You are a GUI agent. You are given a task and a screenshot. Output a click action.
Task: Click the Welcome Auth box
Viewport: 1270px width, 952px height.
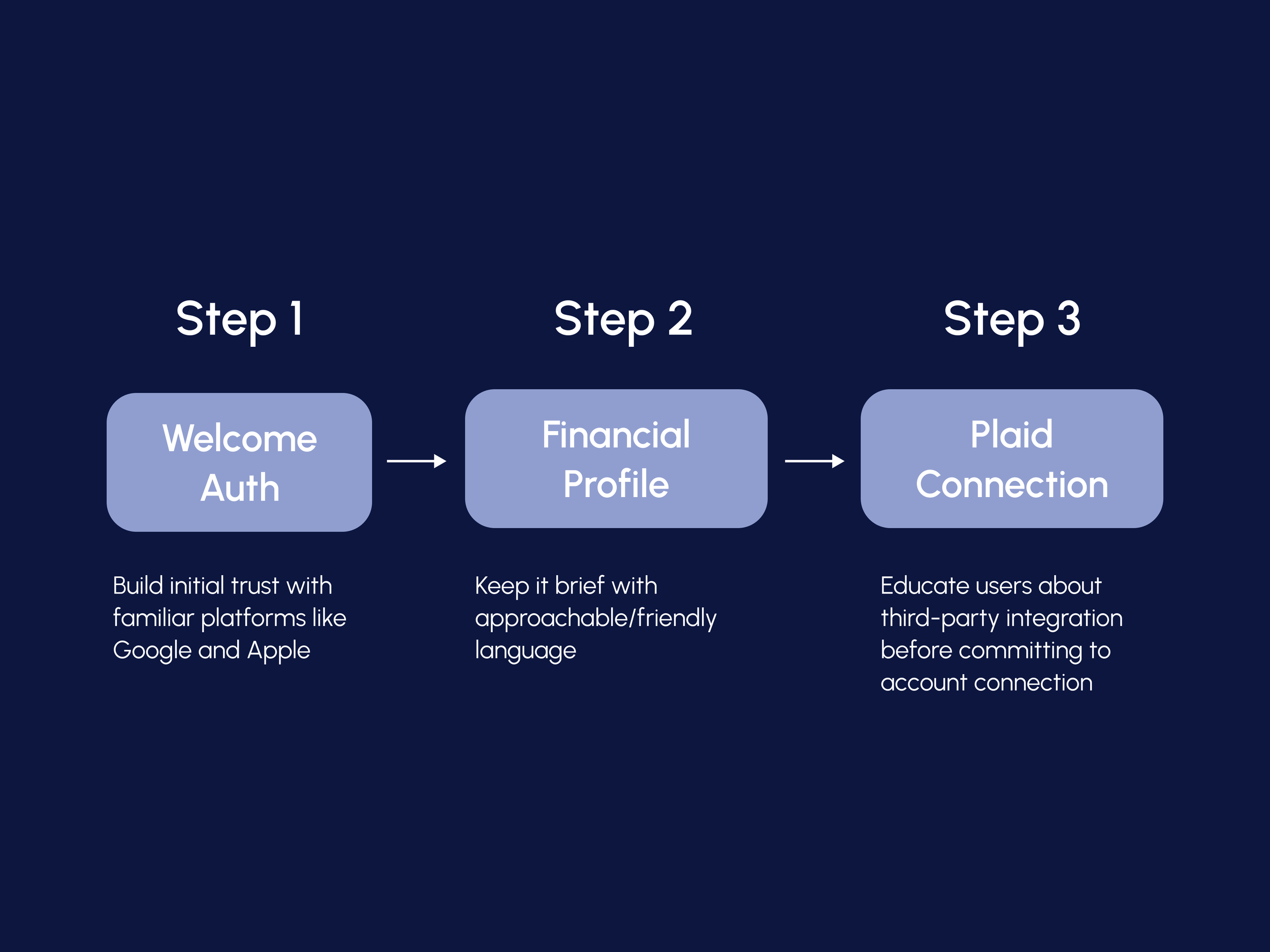point(239,463)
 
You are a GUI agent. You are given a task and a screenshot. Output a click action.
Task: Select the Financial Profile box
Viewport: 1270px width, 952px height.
point(616,458)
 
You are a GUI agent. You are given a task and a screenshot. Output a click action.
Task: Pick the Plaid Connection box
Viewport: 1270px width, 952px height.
point(1011,458)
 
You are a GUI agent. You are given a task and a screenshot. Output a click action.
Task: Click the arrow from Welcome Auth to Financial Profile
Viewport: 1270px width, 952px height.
point(416,461)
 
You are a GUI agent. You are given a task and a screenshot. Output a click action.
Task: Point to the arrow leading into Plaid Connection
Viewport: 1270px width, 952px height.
point(814,461)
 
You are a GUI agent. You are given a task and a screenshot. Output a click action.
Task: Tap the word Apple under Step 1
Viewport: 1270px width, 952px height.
point(278,651)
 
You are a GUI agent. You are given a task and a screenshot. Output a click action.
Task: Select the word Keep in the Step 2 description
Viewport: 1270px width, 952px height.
point(501,586)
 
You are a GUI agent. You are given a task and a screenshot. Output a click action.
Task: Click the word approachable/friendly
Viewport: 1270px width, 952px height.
point(595,618)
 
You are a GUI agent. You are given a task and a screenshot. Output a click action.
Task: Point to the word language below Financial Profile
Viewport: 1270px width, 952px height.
point(525,651)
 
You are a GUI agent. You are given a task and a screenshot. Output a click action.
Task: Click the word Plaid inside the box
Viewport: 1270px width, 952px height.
point(1011,435)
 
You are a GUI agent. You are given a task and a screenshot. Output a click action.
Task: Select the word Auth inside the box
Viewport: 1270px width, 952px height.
point(240,488)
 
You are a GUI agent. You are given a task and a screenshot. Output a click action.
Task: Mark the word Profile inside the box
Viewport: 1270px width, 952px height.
point(616,484)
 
